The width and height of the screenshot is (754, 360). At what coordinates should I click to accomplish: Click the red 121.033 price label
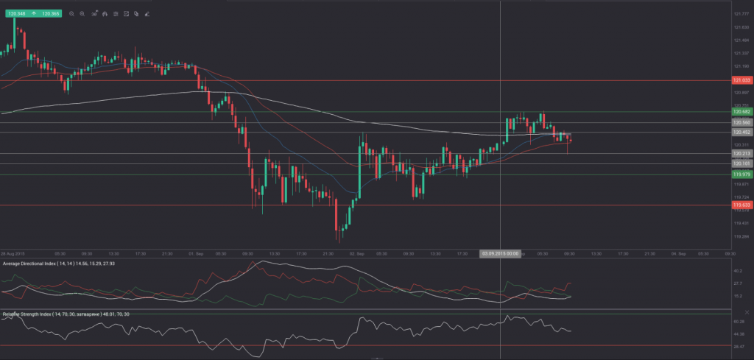coord(741,80)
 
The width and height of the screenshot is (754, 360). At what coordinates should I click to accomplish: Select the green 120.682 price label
coord(741,112)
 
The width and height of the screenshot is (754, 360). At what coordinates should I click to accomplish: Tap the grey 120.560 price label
coord(741,122)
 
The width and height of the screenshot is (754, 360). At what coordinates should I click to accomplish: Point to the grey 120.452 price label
coord(741,133)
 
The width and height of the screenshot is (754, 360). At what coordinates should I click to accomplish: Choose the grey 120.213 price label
coord(741,154)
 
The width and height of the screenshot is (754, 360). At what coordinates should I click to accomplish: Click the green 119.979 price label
coord(741,174)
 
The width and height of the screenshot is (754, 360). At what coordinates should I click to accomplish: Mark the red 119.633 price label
coord(741,205)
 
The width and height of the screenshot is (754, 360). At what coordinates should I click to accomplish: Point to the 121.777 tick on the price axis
coord(741,14)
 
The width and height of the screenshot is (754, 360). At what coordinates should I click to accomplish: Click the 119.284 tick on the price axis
coord(741,236)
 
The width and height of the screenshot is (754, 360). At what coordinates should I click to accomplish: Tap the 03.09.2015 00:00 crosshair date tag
coord(501,253)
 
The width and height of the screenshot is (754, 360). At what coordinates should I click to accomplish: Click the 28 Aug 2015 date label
coord(12,253)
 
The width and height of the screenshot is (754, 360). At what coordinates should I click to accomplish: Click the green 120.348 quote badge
coord(18,13)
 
